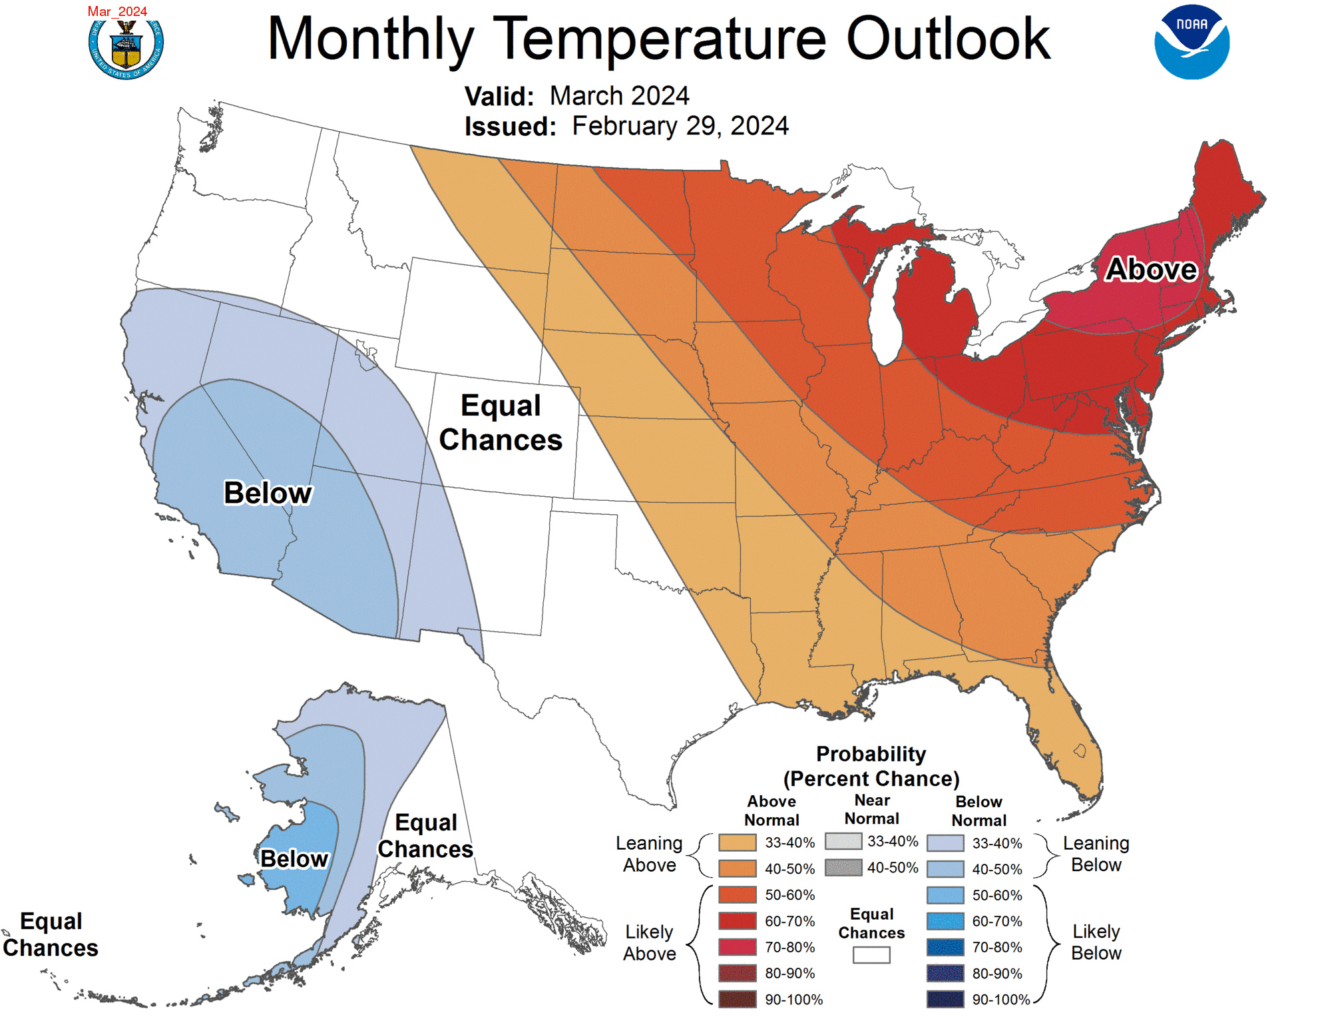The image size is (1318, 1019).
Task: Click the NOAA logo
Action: click(x=1192, y=43)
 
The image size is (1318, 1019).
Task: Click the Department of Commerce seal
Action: click(x=126, y=47)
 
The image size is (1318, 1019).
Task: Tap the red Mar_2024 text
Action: click(x=117, y=11)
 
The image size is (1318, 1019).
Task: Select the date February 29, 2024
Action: click(x=680, y=126)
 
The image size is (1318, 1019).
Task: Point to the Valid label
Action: click(x=499, y=97)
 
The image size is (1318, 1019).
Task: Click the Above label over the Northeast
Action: click(x=1151, y=270)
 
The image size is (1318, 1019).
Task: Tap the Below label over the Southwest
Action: click(x=268, y=494)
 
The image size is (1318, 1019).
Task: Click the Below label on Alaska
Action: click(x=294, y=859)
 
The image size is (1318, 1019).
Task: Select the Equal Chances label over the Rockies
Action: click(x=501, y=423)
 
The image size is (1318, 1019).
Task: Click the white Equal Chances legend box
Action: click(x=871, y=955)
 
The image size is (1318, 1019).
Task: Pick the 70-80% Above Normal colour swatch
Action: click(x=738, y=947)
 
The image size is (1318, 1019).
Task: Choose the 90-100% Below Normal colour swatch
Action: click(x=945, y=999)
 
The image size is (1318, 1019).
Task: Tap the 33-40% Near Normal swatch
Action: click(x=843, y=841)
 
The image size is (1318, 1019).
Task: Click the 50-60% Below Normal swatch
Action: click(x=945, y=895)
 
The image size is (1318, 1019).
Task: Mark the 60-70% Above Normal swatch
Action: click(x=738, y=921)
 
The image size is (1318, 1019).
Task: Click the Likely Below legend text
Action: click(x=1096, y=942)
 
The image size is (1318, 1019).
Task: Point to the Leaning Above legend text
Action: click(x=649, y=854)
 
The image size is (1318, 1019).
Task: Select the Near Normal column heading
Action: click(x=871, y=809)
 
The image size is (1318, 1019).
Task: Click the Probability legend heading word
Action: click(x=871, y=754)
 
